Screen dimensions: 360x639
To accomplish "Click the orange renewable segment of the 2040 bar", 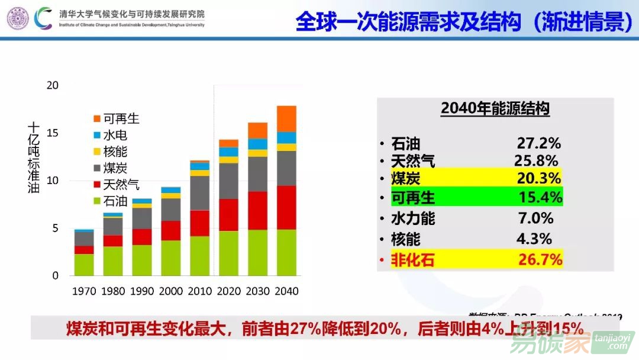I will pos(286,118).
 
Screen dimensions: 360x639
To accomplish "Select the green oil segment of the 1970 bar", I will pos(84,265).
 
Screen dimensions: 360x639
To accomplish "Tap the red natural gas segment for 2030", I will pos(257,210).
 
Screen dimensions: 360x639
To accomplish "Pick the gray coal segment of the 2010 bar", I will pos(199,193).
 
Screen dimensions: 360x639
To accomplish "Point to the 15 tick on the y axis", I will pos(53,133).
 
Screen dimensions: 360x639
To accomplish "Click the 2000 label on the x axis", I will pos(171,291).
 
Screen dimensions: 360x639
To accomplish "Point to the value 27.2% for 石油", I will pos(538,143).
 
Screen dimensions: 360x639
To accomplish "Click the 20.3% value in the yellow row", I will pos(538,178).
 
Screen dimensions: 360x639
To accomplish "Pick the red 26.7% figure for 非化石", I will pos(540,259).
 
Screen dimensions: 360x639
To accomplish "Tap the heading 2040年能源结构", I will pos(495,109).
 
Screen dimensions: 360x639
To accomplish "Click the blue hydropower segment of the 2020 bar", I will pos(228,152).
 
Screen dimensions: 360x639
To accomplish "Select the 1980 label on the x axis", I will pos(113,291).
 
